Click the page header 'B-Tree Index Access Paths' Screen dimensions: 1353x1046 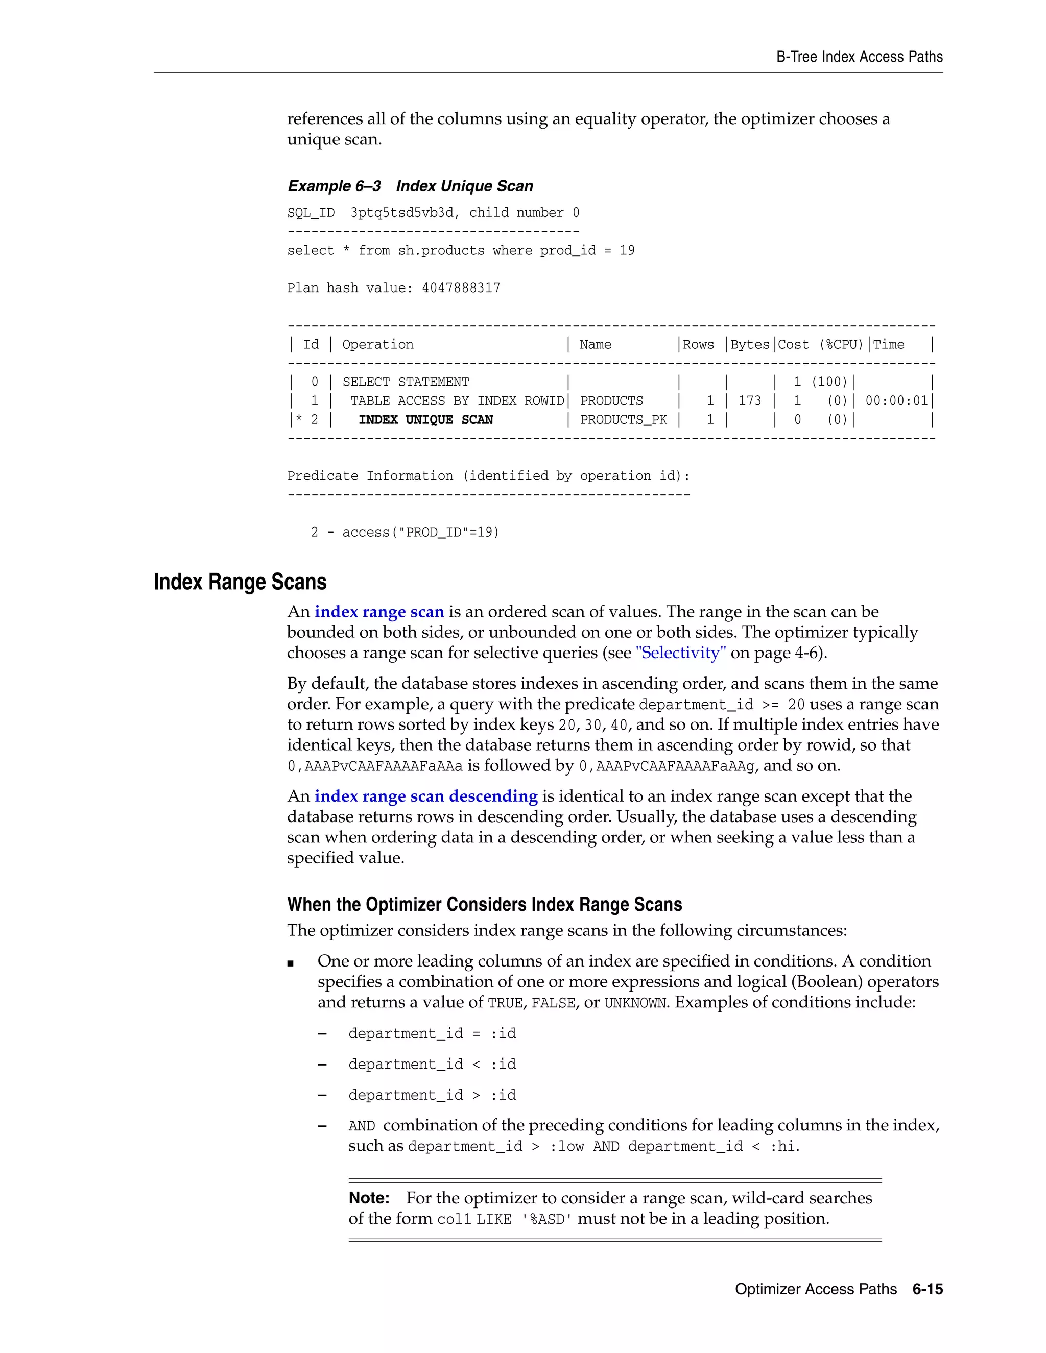(859, 57)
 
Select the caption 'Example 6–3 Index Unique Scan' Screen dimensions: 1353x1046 (410, 186)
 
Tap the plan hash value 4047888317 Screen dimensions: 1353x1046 (461, 288)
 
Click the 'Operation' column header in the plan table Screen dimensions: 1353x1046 (377, 345)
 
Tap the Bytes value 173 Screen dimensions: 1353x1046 (750, 401)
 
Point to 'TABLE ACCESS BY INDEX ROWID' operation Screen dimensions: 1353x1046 (457, 401)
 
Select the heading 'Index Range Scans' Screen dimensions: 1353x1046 (240, 583)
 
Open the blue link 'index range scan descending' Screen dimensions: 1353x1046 (426, 796)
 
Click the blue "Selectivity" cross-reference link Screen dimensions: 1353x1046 (681, 653)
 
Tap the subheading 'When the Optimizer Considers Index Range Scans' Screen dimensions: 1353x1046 (484, 905)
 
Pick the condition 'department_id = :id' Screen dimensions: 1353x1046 (432, 1034)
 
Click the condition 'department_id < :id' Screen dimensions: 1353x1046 (432, 1065)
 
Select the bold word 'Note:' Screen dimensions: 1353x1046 (369, 1198)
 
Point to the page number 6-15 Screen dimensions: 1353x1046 (927, 1289)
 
